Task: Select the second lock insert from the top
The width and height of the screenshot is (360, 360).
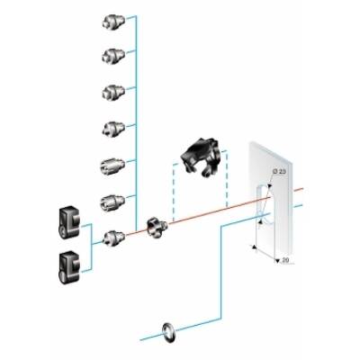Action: [112, 57]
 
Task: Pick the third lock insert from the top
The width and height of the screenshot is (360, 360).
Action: [112, 91]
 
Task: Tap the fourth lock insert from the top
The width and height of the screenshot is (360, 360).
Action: [112, 128]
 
